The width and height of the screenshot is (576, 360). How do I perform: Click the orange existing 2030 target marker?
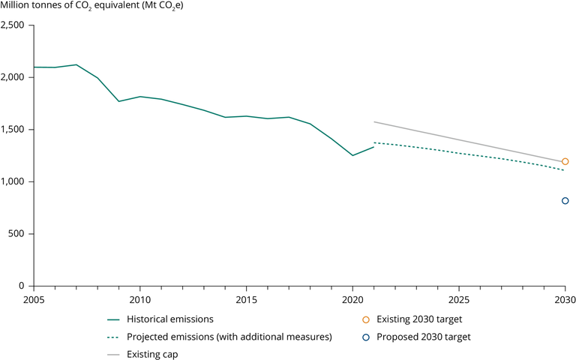point(565,161)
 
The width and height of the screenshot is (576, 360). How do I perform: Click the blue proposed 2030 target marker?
point(565,200)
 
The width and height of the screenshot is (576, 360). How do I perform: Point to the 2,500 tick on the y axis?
point(14,25)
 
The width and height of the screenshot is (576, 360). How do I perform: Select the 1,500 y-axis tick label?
point(14,130)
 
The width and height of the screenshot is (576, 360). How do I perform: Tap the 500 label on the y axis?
point(18,234)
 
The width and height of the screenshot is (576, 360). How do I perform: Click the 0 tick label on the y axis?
point(23,286)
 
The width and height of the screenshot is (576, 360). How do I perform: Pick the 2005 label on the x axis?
point(34,299)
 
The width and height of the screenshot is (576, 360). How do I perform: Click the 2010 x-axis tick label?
point(140,299)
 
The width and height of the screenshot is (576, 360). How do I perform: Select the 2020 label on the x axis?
point(352,299)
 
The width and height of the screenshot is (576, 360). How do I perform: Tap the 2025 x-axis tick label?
point(459,299)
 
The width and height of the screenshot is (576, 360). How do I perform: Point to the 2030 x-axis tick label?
point(565,299)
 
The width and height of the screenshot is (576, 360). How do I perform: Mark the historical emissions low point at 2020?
point(352,155)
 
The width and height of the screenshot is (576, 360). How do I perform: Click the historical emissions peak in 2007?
point(76,64)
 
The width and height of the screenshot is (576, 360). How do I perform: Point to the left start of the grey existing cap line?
point(374,121)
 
